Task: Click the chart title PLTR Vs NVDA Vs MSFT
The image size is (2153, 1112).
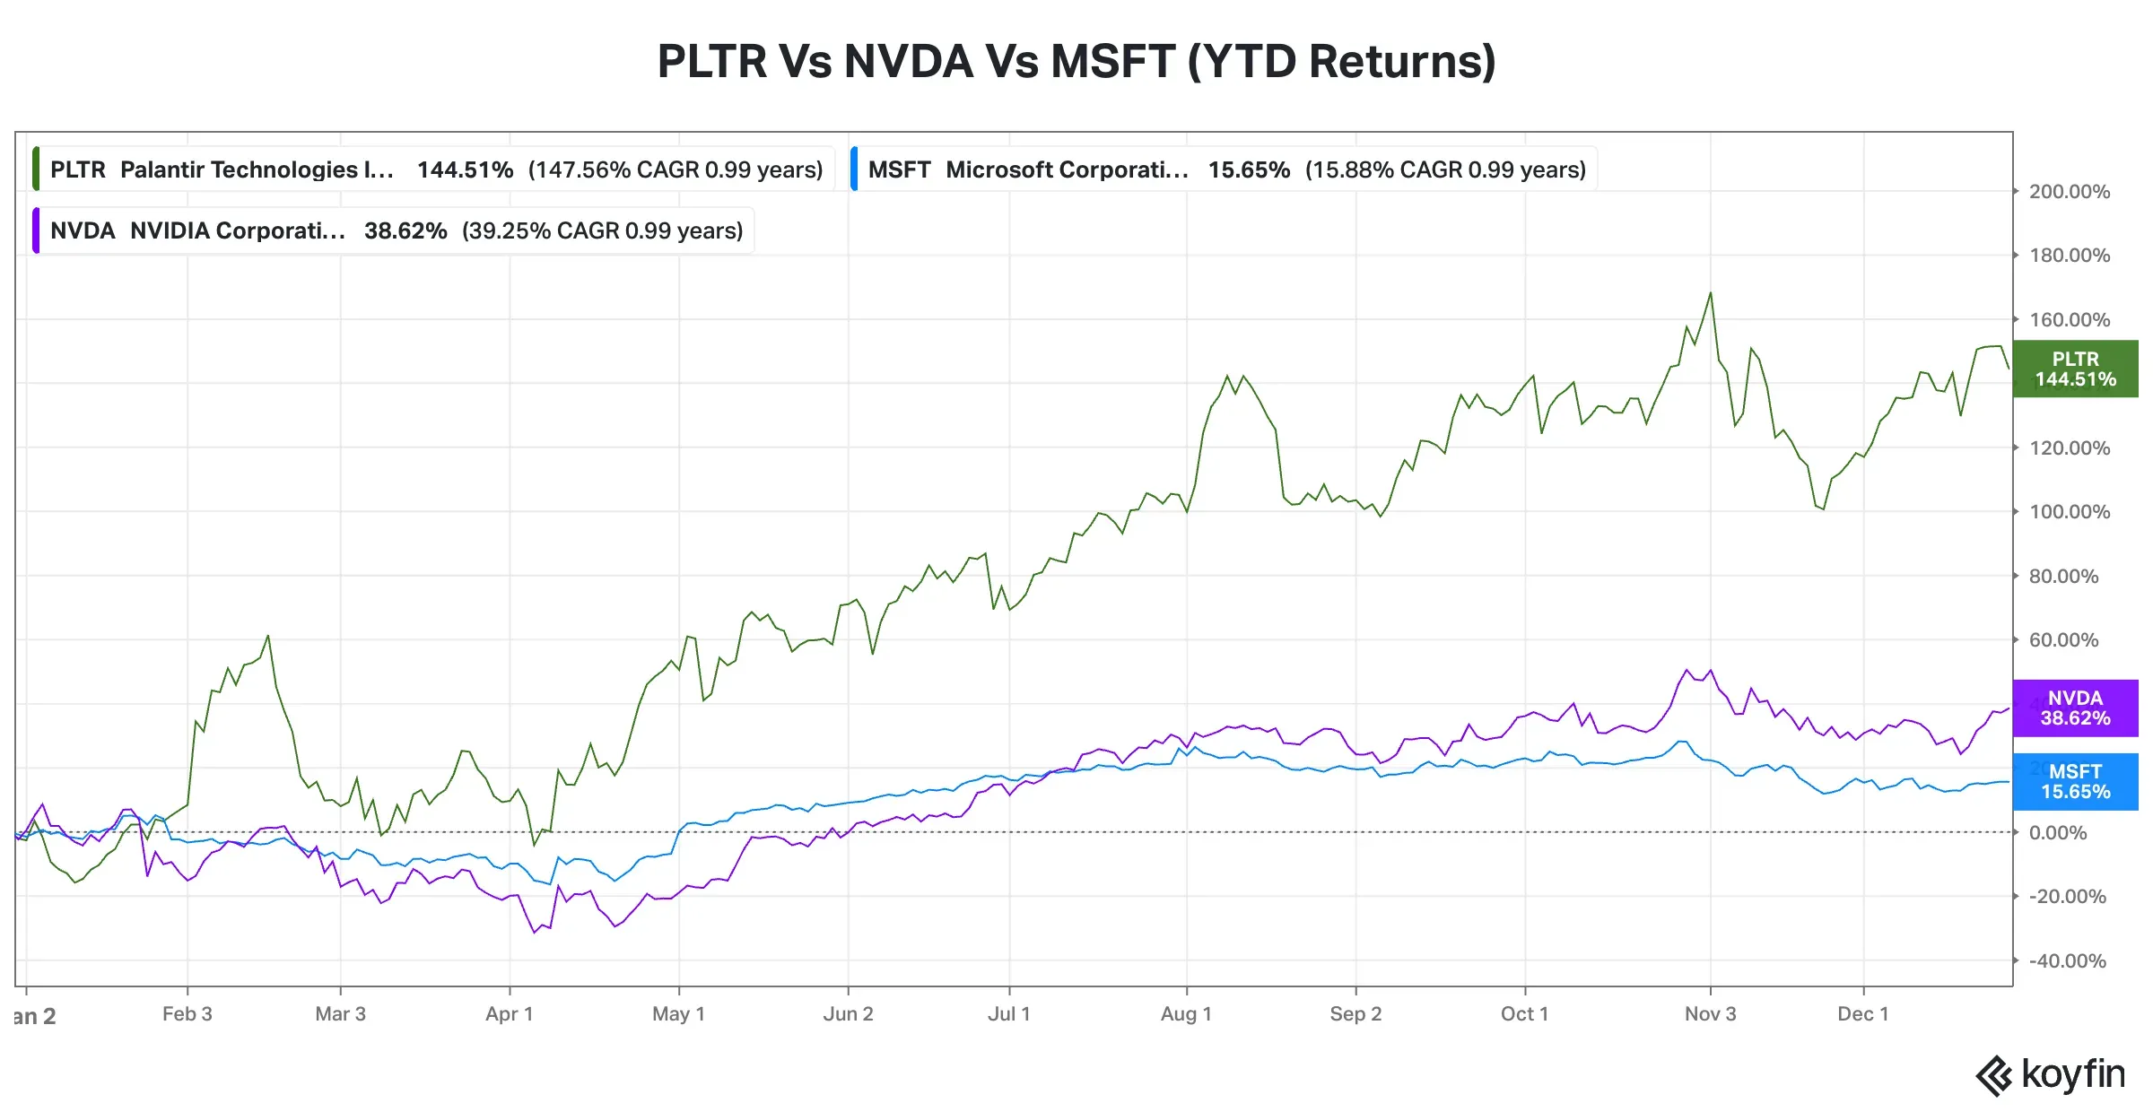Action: pos(1076,61)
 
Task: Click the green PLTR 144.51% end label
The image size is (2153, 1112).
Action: pos(2075,369)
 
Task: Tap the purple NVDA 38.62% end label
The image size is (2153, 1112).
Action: pos(2075,708)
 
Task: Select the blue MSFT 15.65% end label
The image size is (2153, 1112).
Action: pos(2075,781)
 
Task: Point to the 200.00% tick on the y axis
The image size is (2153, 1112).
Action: pos(2069,192)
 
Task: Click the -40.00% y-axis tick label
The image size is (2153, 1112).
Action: pos(2067,960)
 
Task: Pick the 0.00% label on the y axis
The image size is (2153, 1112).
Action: pos(2058,832)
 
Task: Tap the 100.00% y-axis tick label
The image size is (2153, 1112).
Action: pos(2069,512)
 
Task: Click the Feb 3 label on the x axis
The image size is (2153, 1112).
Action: pos(187,1014)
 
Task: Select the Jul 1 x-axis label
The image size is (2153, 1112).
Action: pos(1008,1014)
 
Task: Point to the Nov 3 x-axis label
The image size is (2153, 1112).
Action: pos(1710,1014)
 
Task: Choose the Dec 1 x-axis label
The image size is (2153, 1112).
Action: pos(1862,1014)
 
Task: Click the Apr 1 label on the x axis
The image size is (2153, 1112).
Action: pos(509,1014)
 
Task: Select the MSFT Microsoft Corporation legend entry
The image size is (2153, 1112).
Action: pos(1225,169)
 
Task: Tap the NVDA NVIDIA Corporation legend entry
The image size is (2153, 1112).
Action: pos(395,230)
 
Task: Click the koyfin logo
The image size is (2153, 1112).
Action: pos(2051,1074)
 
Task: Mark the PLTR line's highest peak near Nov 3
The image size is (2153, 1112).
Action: pos(1711,292)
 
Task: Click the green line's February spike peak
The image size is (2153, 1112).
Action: pos(268,636)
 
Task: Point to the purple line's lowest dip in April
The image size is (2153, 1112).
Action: pos(535,933)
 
